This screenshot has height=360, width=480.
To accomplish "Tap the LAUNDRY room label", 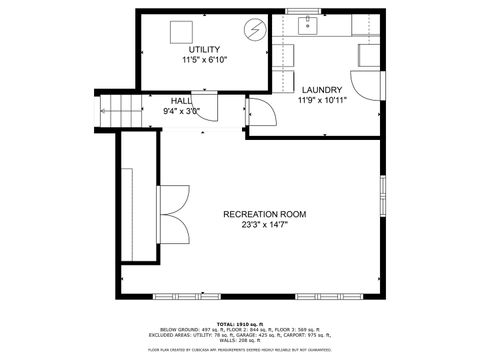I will pyautogui.click(x=321, y=89).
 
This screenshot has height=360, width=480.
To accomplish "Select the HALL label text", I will pyautogui.click(x=181, y=101).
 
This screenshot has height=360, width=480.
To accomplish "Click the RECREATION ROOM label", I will pyautogui.click(x=264, y=214).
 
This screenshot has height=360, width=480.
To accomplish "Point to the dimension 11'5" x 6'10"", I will pyautogui.click(x=204, y=61).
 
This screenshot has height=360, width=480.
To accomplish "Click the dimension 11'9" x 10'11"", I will pyautogui.click(x=321, y=100).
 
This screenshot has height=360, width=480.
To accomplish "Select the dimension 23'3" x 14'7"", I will pyautogui.click(x=264, y=225).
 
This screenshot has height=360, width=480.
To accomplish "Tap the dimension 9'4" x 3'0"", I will pyautogui.click(x=181, y=111).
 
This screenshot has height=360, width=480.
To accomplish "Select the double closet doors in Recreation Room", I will pyautogui.click(x=174, y=215).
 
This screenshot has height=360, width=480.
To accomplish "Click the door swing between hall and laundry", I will pyautogui.click(x=255, y=111).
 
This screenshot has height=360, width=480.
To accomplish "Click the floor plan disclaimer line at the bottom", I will pyautogui.click(x=240, y=350).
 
